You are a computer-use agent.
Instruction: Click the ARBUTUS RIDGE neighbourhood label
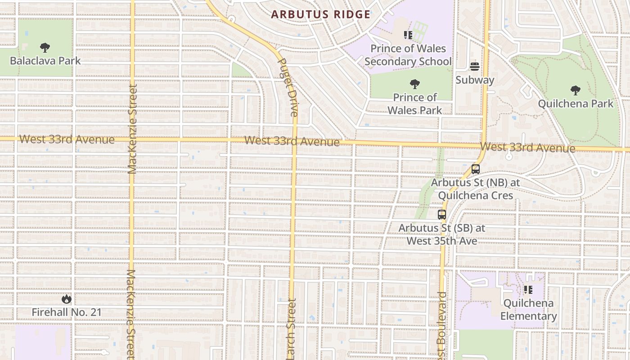click(x=320, y=14)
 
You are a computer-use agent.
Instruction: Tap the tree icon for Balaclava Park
click(x=45, y=47)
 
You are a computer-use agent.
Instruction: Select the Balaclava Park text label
click(x=45, y=61)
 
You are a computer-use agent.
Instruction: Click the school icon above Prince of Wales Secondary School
click(x=408, y=35)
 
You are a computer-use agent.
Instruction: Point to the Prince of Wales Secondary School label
click(x=408, y=55)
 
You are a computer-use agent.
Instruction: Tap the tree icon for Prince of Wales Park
click(x=414, y=84)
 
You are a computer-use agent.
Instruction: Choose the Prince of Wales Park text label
click(x=414, y=104)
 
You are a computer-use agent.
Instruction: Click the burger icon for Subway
click(x=475, y=67)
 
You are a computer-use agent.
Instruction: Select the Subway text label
click(x=475, y=80)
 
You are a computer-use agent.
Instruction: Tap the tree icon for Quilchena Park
click(x=575, y=90)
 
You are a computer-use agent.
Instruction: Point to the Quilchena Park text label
click(x=576, y=104)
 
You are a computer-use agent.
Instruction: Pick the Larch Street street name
click(x=291, y=329)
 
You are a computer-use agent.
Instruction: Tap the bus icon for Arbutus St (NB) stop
click(x=475, y=169)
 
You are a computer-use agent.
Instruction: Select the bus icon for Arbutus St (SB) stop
click(x=442, y=214)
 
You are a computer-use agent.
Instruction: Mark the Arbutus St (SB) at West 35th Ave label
click(x=442, y=234)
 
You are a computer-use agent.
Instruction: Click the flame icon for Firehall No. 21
click(x=67, y=299)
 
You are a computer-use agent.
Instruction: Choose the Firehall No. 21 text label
click(x=67, y=312)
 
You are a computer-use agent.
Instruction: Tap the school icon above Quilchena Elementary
click(x=528, y=289)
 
